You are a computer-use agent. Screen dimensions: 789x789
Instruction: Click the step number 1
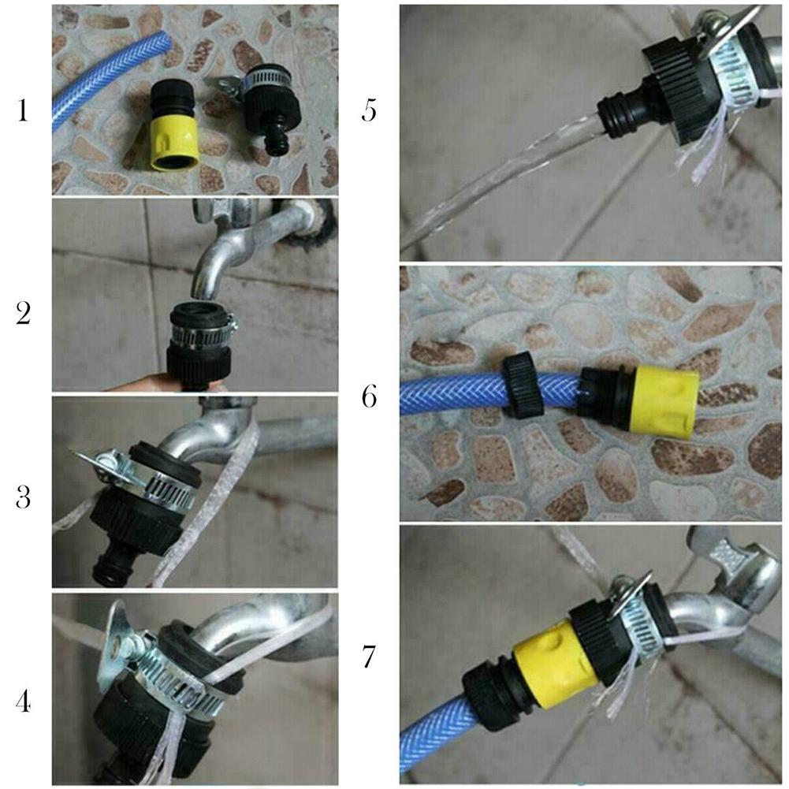coord(23,110)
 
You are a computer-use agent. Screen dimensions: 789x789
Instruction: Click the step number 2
coord(23,314)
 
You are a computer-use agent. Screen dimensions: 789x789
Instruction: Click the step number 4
coord(23,700)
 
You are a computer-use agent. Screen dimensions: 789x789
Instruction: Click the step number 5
coord(370,110)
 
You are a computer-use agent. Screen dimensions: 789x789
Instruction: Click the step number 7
coord(370,656)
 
